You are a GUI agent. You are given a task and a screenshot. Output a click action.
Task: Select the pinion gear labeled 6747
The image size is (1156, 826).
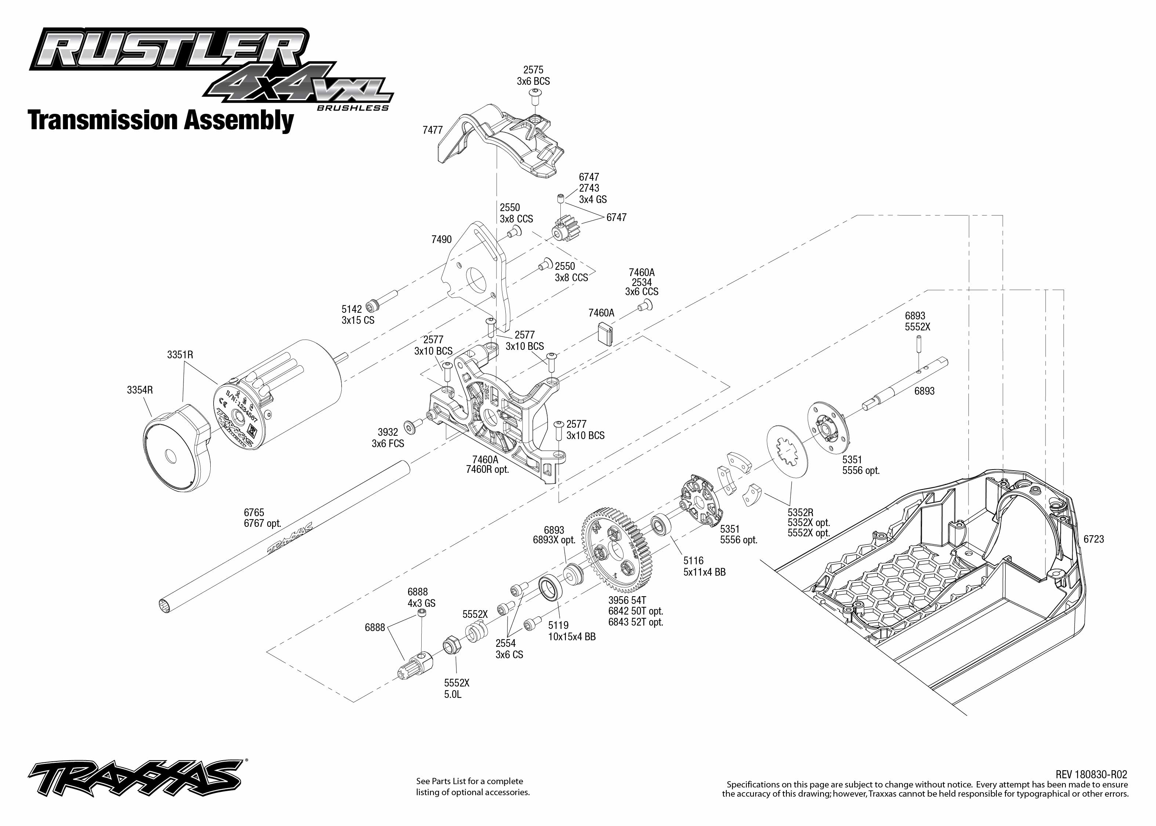click(565, 229)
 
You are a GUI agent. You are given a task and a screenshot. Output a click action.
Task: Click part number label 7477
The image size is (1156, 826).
click(433, 130)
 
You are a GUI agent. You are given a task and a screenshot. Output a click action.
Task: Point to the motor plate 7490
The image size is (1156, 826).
click(475, 275)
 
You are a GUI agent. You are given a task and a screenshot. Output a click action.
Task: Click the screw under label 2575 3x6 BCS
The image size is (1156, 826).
click(535, 95)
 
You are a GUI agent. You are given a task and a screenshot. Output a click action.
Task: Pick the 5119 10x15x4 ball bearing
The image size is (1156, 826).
click(550, 587)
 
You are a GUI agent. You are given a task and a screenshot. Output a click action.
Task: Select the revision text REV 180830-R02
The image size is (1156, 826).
click(1091, 774)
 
